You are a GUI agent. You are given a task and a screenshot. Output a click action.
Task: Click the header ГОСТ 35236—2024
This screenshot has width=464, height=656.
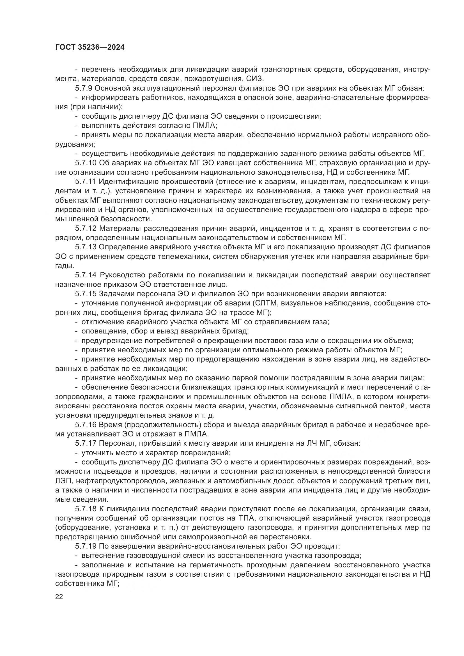pyautogui.click(x=90, y=47)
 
